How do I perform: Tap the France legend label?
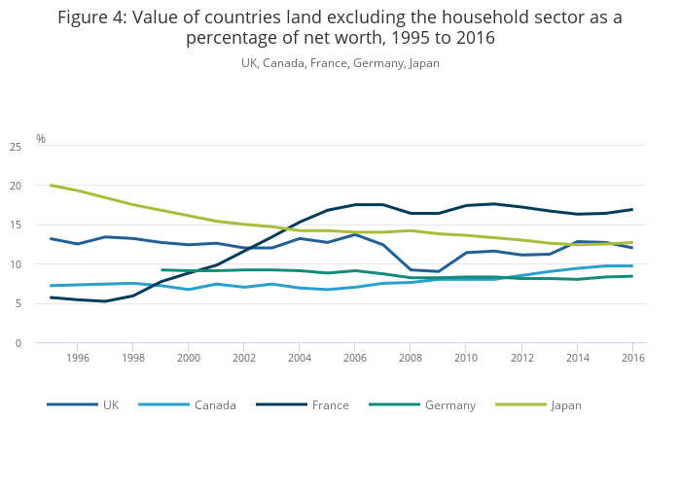pos(330,405)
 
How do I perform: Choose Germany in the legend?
pos(449,405)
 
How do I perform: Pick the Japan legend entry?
pos(565,405)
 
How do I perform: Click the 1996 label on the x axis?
pos(78,358)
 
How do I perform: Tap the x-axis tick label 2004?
pos(300,358)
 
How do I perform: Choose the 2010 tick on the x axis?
pos(466,358)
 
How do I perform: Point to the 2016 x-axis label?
pos(632,358)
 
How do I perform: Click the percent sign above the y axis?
pos(41,139)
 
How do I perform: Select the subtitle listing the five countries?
pos(340,63)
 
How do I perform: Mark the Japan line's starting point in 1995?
pos(51,185)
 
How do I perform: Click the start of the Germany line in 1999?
pos(161,270)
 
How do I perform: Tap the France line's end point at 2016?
pos(632,209)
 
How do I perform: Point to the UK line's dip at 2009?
pos(439,271)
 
